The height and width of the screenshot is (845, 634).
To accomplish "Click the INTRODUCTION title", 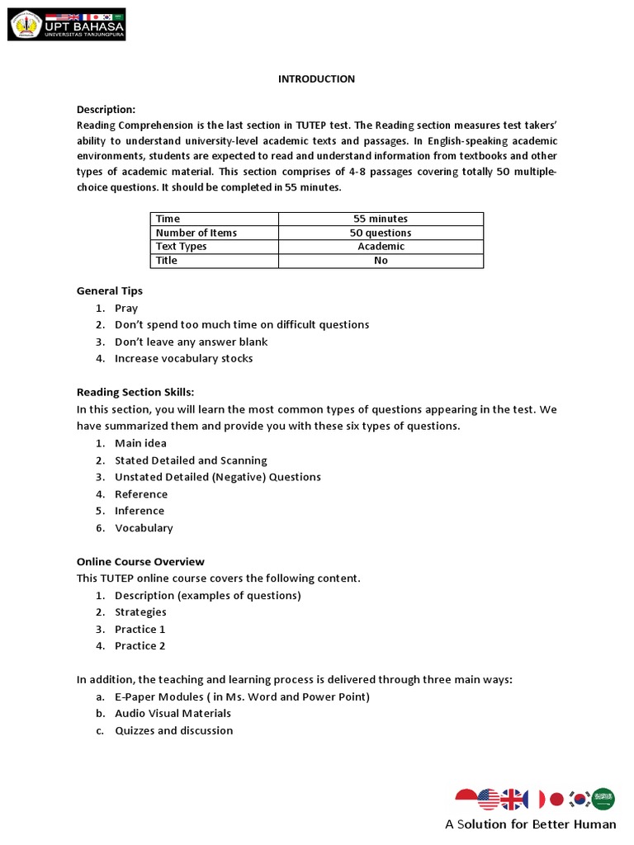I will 316,79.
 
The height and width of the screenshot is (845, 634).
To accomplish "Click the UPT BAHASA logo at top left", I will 67,25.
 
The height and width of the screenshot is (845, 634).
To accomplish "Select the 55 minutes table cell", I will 381,219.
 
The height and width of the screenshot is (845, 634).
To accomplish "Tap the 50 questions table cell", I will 381,233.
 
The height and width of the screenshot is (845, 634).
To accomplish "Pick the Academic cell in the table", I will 381,247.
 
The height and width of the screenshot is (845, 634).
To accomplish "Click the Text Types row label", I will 182,247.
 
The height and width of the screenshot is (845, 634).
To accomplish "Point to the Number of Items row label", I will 196,233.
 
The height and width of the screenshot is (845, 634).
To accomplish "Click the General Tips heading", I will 110,291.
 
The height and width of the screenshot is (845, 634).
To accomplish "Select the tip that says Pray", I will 126,309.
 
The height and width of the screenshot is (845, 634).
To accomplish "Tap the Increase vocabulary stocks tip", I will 183,359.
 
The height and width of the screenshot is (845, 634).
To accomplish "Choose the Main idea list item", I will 140,444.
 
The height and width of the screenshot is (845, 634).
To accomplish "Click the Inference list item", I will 140,511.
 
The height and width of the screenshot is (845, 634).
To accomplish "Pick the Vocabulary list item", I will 144,528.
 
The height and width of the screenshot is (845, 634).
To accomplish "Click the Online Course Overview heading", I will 140,562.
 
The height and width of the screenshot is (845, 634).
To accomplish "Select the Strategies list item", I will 140,612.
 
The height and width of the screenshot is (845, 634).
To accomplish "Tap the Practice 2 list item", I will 140,646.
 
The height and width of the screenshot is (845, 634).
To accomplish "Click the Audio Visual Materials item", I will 173,714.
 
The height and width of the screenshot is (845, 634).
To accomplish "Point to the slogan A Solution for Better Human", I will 530,824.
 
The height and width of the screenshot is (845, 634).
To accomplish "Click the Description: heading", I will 106,110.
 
